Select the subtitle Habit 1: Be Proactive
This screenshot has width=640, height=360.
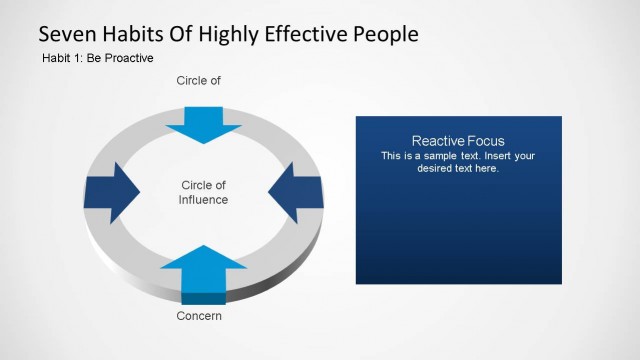coord(97,58)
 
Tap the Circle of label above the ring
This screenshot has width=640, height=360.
coord(198,80)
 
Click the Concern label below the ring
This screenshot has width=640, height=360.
coord(198,316)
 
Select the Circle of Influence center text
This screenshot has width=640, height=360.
coord(204,192)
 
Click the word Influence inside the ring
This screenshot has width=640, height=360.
coord(204,200)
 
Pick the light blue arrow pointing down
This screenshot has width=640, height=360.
coord(204,123)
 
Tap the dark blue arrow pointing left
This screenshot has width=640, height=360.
coord(295,190)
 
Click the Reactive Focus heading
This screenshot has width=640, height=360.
coord(458,141)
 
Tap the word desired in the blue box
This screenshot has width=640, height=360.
coord(436,168)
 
